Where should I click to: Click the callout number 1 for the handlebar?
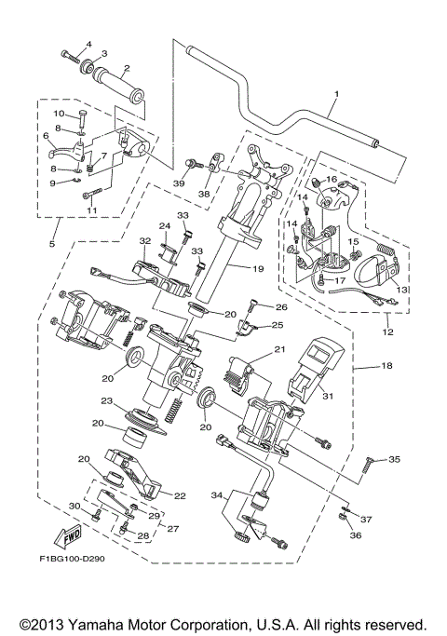(336, 93)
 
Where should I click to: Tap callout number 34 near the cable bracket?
(217, 495)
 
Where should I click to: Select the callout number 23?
(108, 401)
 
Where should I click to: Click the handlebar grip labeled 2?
(125, 68)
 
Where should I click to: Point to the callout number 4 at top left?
(89, 44)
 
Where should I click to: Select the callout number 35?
(394, 460)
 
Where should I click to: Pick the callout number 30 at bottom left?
(74, 506)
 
